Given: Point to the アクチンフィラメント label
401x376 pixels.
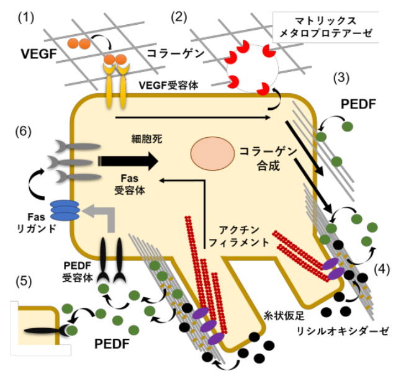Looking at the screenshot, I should [243, 236].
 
